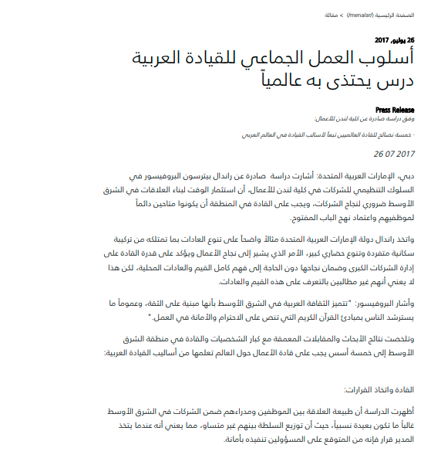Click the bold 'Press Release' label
point(394,110)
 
